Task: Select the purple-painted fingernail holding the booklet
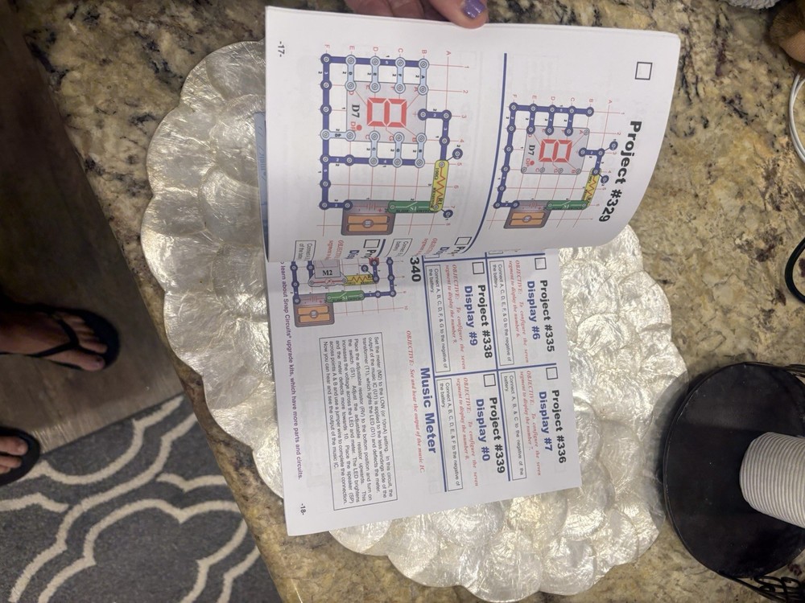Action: click(473, 9)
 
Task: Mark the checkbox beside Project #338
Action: click(465, 267)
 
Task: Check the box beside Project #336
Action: click(552, 373)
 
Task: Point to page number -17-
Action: click(280, 47)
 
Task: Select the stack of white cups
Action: click(773, 474)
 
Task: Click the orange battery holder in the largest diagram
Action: click(367, 219)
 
